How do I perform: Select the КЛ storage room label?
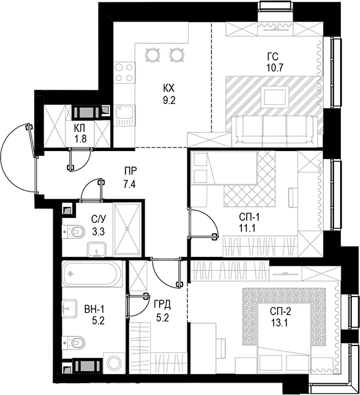point(80,128)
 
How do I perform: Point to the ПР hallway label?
point(130,171)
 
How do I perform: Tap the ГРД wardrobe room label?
point(162,305)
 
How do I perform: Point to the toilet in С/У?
point(75,232)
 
